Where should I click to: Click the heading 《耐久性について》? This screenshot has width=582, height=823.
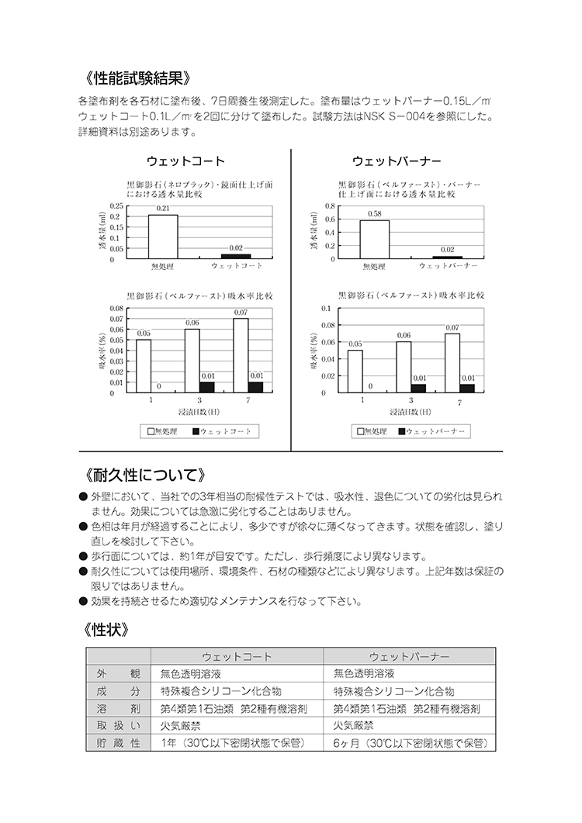point(145,474)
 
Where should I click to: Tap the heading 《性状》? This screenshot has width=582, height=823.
point(106,629)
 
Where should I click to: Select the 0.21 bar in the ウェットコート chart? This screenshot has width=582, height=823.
point(163,237)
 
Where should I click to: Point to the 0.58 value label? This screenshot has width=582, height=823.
point(375,214)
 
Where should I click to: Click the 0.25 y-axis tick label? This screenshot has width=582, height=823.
point(116,206)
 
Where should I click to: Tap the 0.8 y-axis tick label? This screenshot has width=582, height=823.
point(330,206)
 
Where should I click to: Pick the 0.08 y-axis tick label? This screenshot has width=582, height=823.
point(116,309)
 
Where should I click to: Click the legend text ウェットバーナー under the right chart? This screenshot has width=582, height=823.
point(436,431)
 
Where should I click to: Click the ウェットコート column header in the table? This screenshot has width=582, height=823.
point(237,656)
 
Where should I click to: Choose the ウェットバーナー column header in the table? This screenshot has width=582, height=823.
point(410,656)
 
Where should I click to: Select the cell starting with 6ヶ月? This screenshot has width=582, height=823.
point(410,743)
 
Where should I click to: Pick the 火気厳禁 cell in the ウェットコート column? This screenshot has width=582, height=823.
point(181,726)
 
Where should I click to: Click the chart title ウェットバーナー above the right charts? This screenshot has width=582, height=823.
point(397,161)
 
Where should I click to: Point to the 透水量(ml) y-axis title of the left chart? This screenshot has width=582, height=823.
point(102,233)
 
